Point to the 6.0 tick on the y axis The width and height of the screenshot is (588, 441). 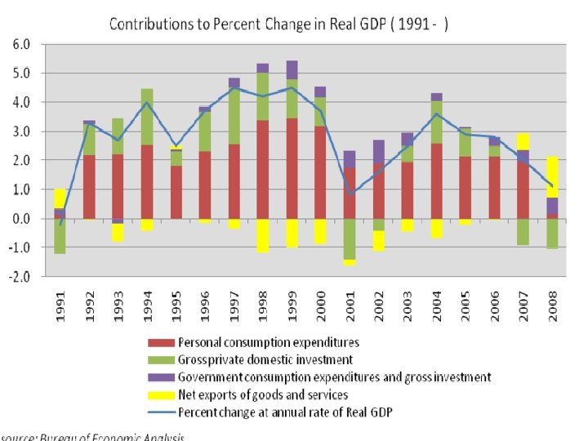tap(22, 44)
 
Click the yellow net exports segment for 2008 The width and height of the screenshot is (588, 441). tap(552, 176)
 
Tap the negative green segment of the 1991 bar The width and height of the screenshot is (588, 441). tap(60, 236)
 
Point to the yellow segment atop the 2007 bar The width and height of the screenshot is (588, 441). tap(523, 141)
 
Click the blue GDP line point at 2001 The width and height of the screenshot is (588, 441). tap(350, 194)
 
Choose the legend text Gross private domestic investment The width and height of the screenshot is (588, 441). tap(265, 360)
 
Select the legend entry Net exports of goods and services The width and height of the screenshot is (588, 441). tap(262, 394)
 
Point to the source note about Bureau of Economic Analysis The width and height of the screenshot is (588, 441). tap(94, 436)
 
